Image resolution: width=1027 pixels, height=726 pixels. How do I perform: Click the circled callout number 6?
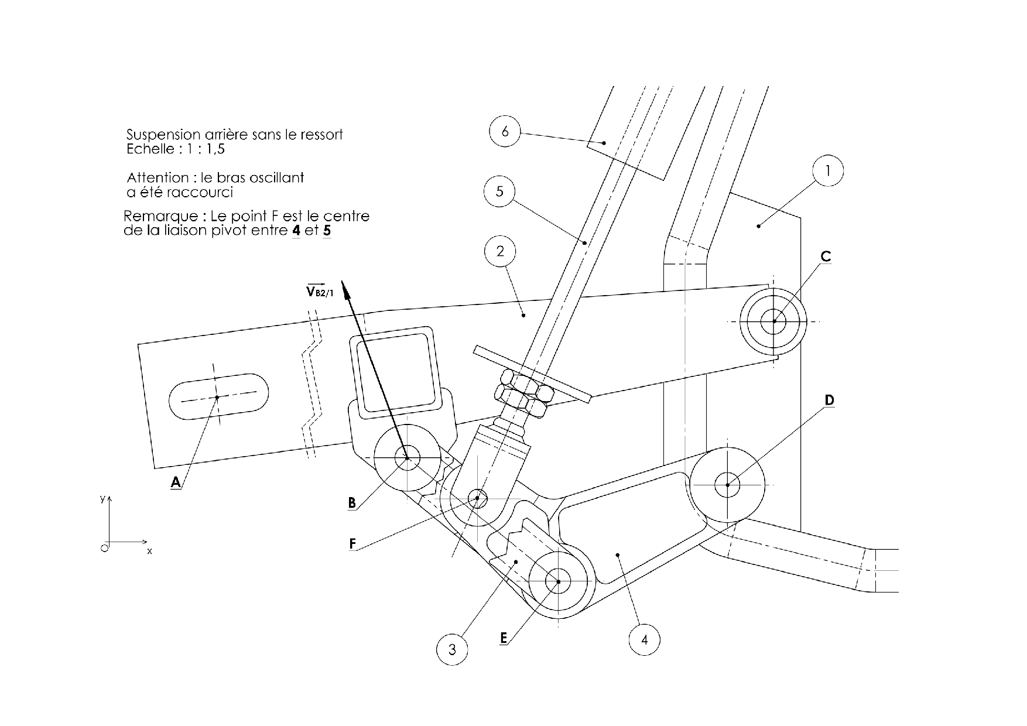tap(505, 132)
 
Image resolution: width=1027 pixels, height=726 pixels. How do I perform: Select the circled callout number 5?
tap(499, 191)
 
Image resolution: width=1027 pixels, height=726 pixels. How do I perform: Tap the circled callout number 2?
tap(500, 251)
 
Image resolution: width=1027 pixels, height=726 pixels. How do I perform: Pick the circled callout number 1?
tap(827, 171)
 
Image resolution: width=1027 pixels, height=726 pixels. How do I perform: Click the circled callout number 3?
tap(452, 649)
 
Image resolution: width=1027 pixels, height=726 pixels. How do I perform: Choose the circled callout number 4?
tap(645, 639)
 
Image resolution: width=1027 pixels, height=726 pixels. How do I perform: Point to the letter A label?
tap(176, 482)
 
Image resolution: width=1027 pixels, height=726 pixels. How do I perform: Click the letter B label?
tap(352, 503)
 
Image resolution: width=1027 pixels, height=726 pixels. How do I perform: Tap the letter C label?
tap(826, 256)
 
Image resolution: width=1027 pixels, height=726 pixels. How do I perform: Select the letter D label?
tap(829, 400)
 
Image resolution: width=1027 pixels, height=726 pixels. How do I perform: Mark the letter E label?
tap(504, 638)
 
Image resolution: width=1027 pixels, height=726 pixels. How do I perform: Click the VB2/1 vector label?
tap(320, 291)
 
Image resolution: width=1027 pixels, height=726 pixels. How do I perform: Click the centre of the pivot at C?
tap(774, 321)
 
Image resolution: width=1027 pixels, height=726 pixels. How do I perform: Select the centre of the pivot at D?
tap(727, 485)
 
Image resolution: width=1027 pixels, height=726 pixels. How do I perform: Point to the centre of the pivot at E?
tap(558, 581)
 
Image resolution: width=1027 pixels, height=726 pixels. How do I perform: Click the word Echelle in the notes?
tap(150, 149)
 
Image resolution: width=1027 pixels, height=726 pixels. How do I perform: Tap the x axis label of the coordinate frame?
tap(149, 551)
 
